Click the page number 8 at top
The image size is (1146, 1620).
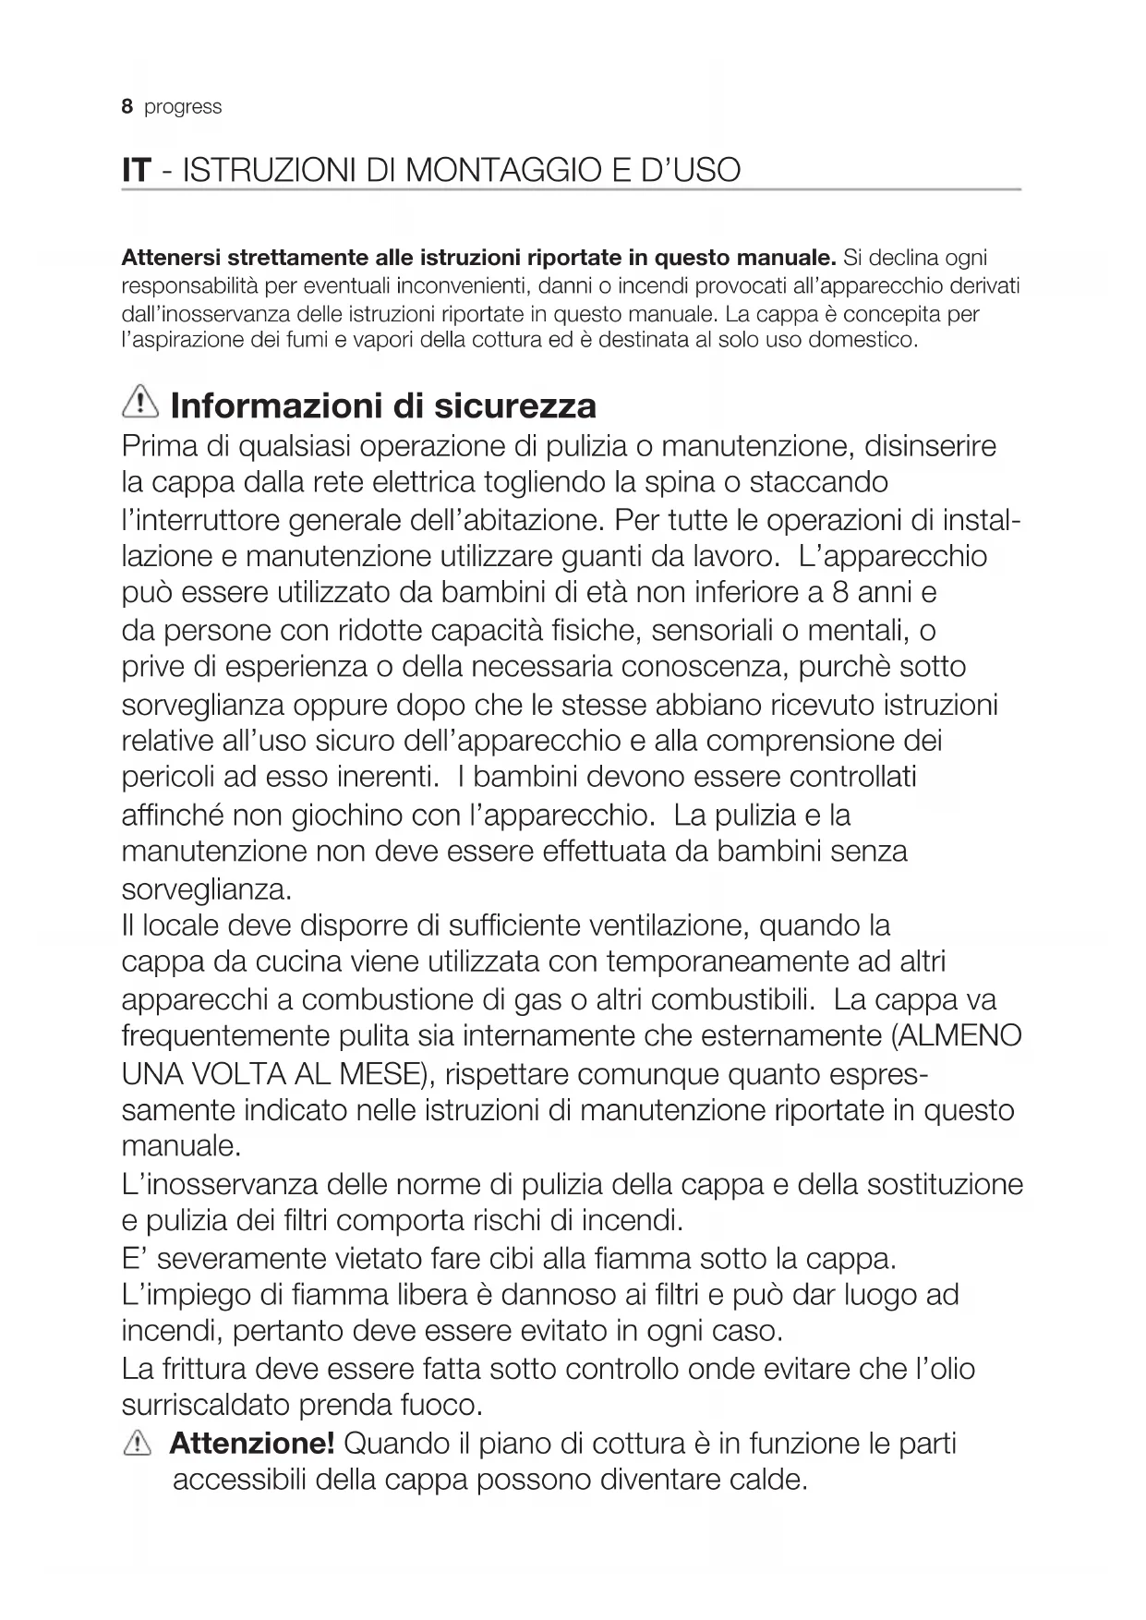click(x=127, y=107)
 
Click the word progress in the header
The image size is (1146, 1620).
click(x=183, y=107)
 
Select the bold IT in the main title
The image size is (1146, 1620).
click(x=136, y=170)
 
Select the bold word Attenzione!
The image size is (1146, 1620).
click(x=252, y=1443)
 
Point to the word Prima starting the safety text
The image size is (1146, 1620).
click(x=160, y=446)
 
